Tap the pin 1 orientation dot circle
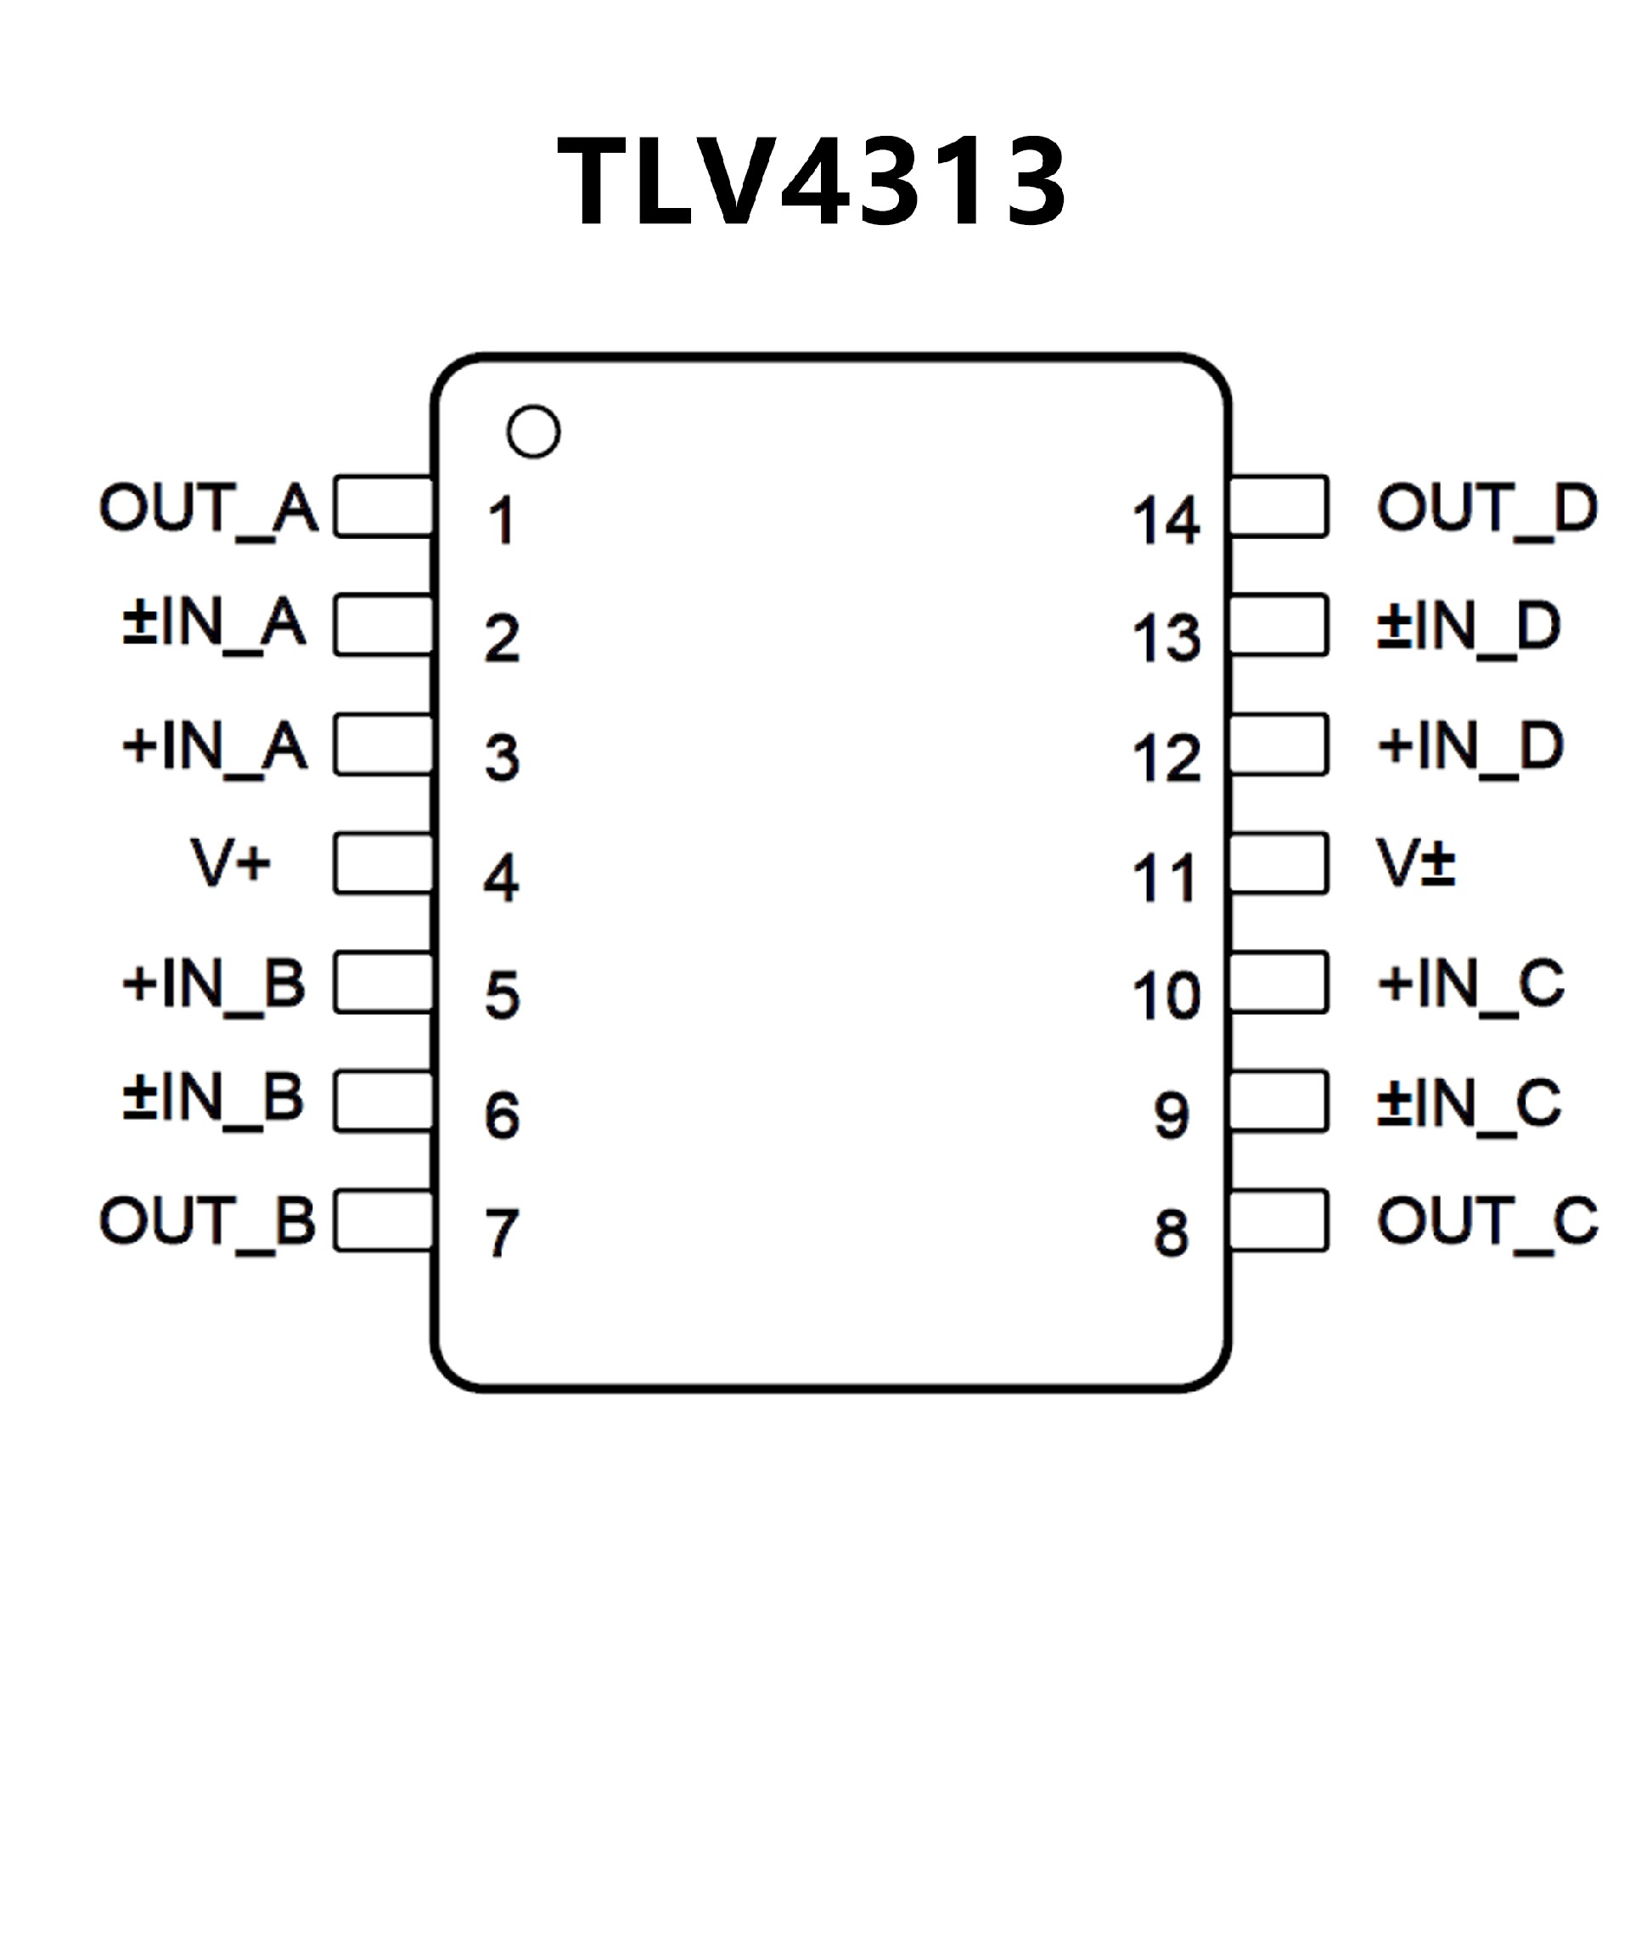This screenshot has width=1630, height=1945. pyautogui.click(x=533, y=431)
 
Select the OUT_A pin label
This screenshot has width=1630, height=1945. pyautogui.click(x=208, y=508)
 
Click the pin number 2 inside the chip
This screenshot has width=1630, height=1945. pyautogui.click(x=502, y=638)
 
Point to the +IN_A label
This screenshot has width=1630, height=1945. pyautogui.click(x=214, y=745)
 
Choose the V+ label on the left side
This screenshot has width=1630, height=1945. pyautogui.click(x=231, y=863)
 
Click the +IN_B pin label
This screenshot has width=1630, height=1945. pyautogui.click(x=213, y=983)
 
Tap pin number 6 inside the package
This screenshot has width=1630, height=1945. pyautogui.click(x=502, y=1116)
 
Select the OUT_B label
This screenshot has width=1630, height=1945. pyautogui.click(x=207, y=1221)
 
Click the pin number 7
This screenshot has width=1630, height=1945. pyautogui.click(x=502, y=1233)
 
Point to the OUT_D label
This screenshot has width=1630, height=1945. pyautogui.click(x=1487, y=508)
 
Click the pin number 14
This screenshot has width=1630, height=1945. pyautogui.click(x=1166, y=520)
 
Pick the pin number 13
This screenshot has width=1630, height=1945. pyautogui.click(x=1166, y=638)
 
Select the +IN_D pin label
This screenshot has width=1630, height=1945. pyautogui.click(x=1470, y=745)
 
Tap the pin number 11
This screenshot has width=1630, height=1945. pyautogui.click(x=1166, y=877)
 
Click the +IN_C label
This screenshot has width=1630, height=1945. pyautogui.click(x=1470, y=983)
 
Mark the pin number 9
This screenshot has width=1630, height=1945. pyautogui.click(x=1172, y=1116)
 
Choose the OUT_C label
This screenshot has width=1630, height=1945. pyautogui.click(x=1487, y=1221)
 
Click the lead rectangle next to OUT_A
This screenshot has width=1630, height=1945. pyautogui.click(x=384, y=507)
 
